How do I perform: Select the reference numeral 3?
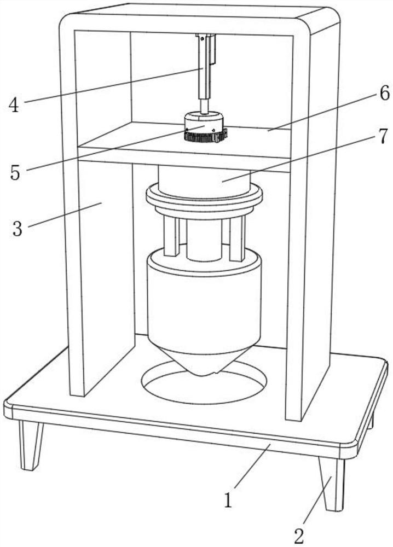click(18, 228)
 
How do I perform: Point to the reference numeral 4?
click(14, 104)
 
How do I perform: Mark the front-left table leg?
click(31, 444)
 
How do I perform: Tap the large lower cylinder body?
click(204, 306)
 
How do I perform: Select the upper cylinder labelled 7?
click(204, 178)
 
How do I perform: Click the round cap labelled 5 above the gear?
click(204, 121)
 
